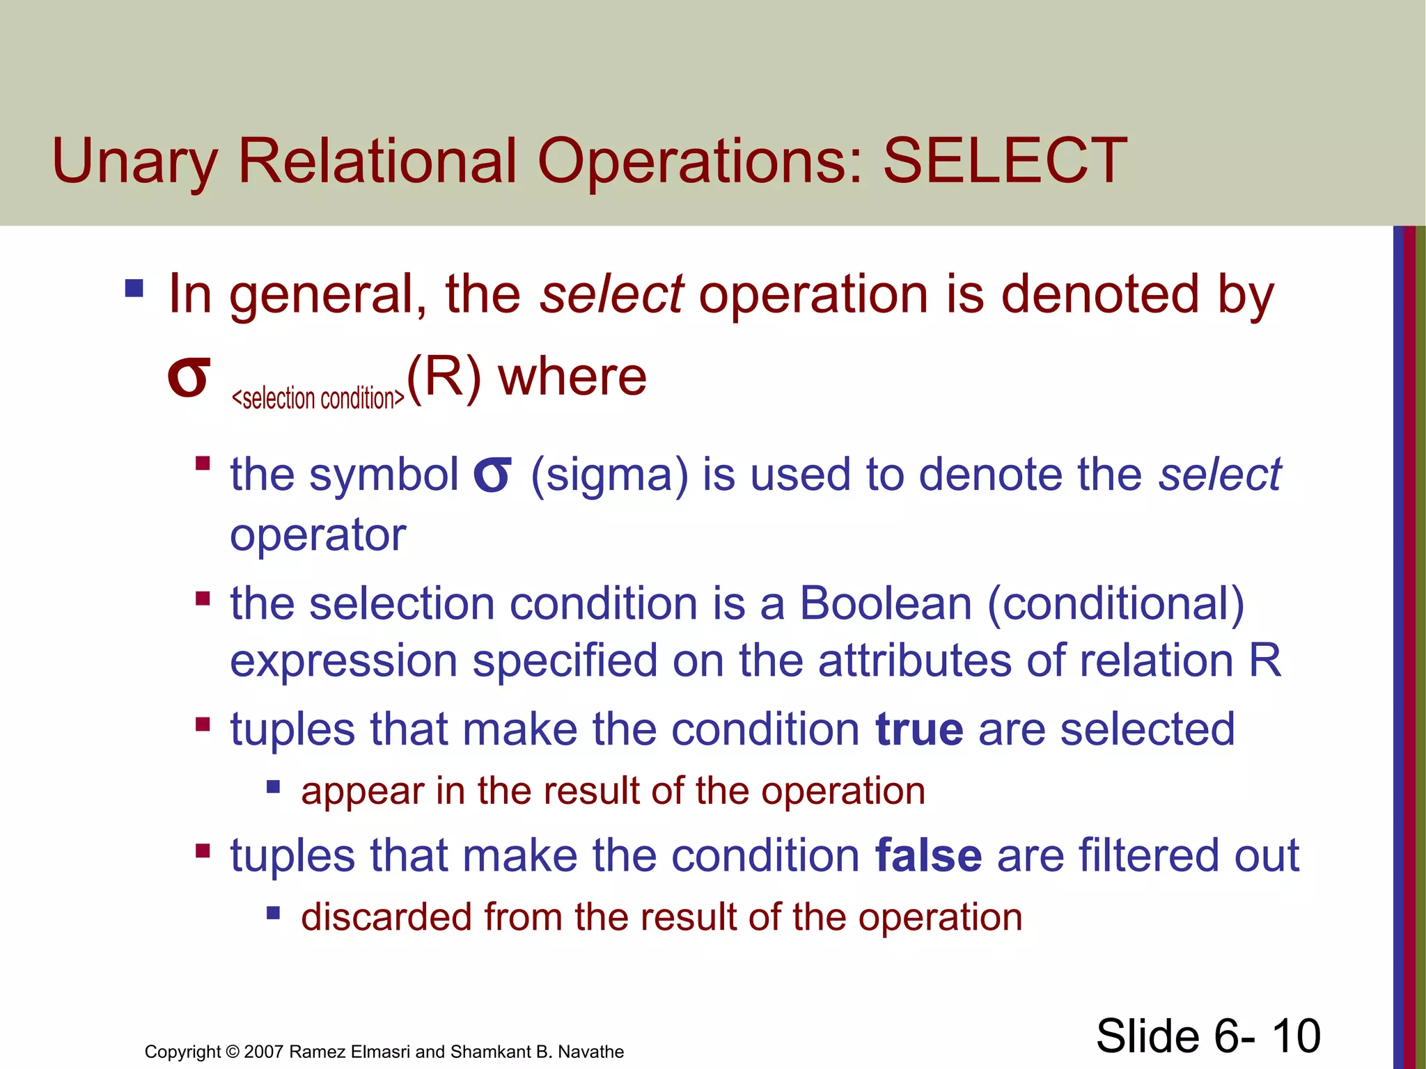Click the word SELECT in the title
(1005, 161)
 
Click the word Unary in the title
(134, 161)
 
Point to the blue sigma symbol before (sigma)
(492, 475)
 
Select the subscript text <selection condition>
(318, 399)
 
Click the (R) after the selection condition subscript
(444, 377)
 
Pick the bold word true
(919, 729)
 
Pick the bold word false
(928, 855)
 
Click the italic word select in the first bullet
(611, 294)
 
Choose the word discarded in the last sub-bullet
(386, 917)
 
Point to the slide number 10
(1296, 1036)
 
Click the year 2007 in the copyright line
(264, 1052)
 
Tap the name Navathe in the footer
(590, 1052)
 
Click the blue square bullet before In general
(134, 288)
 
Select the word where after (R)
(572, 377)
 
